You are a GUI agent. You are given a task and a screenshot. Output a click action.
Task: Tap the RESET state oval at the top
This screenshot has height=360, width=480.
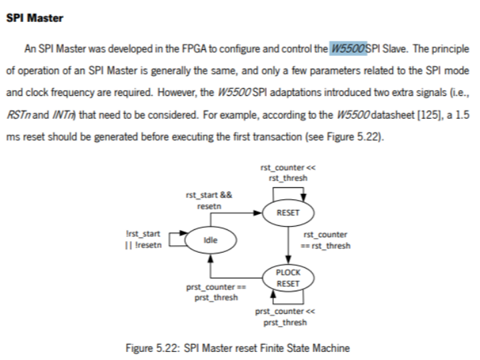coord(288,213)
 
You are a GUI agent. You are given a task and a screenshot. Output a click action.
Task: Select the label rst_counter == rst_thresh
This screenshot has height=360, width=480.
coord(326,240)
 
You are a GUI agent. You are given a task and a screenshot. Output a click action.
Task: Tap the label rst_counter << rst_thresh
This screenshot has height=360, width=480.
coord(288,172)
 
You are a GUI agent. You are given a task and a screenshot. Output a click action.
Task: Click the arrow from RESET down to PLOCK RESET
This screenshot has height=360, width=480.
coord(288,245)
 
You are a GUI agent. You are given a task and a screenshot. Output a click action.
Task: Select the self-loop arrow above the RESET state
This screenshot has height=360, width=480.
coord(288,190)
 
